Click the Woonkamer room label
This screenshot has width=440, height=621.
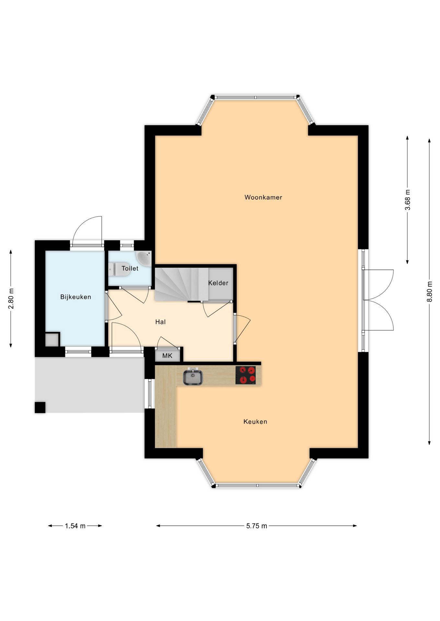pyautogui.click(x=263, y=197)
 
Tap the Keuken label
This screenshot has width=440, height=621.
pyautogui.click(x=255, y=421)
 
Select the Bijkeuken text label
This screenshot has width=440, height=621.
pyautogui.click(x=75, y=297)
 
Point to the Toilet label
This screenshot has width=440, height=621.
pyautogui.click(x=130, y=268)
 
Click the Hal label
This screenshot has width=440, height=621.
pyautogui.click(x=160, y=322)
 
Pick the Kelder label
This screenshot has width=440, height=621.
pyautogui.click(x=218, y=283)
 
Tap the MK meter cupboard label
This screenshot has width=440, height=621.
pyautogui.click(x=167, y=356)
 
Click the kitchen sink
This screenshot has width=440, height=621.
pyautogui.click(x=193, y=377)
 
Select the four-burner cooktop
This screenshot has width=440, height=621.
pyautogui.click(x=246, y=375)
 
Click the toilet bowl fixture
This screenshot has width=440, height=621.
pyautogui.click(x=119, y=269)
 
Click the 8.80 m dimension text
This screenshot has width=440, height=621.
pyautogui.click(x=429, y=291)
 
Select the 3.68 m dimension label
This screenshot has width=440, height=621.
pyautogui.click(x=408, y=200)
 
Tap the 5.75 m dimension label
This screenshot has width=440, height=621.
pyautogui.click(x=257, y=526)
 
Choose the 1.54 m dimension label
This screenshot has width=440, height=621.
pyautogui.click(x=75, y=526)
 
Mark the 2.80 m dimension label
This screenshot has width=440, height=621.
pyautogui.click(x=11, y=298)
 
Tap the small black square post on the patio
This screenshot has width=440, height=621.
pyautogui.click(x=40, y=407)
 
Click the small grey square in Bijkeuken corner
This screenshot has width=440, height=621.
pyautogui.click(x=52, y=340)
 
